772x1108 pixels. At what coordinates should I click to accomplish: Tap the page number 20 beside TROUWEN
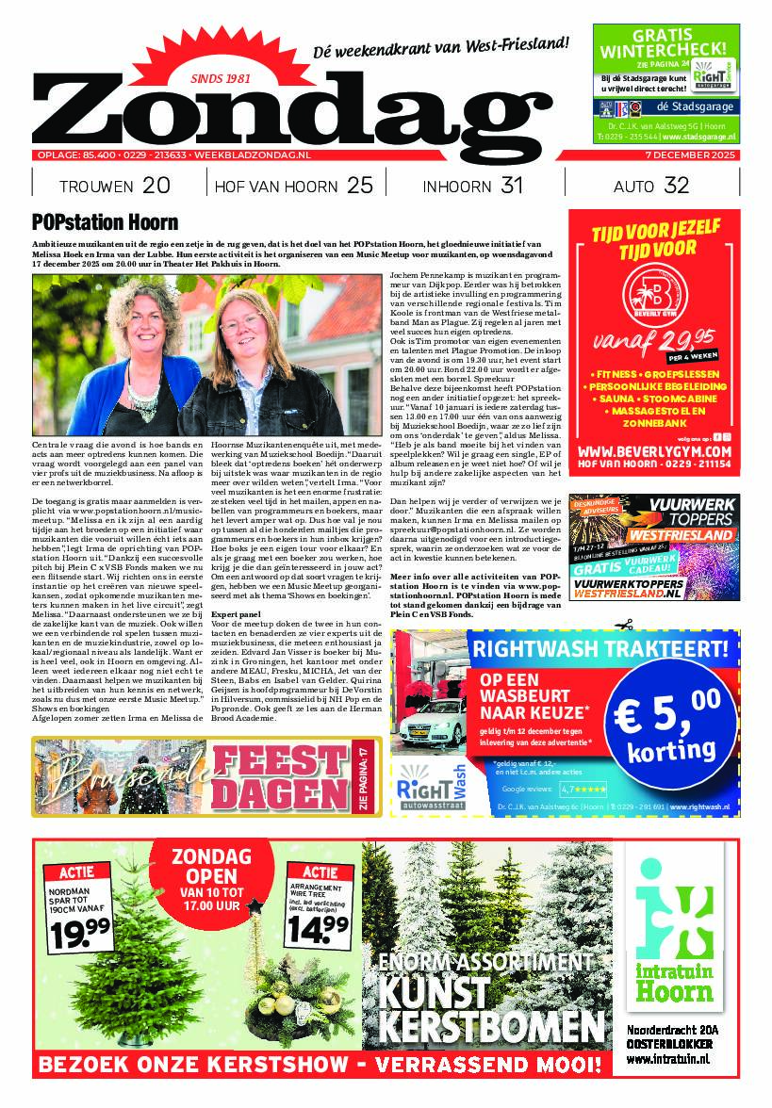coord(156,186)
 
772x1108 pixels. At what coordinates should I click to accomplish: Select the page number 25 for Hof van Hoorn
coord(360,186)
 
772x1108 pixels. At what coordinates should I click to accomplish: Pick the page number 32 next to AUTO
coord(676,186)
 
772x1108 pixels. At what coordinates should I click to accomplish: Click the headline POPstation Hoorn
coord(105,223)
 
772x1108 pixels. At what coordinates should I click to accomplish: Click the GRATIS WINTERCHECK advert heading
coord(665,42)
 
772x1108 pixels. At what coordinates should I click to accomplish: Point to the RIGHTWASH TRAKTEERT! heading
coord(600,649)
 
